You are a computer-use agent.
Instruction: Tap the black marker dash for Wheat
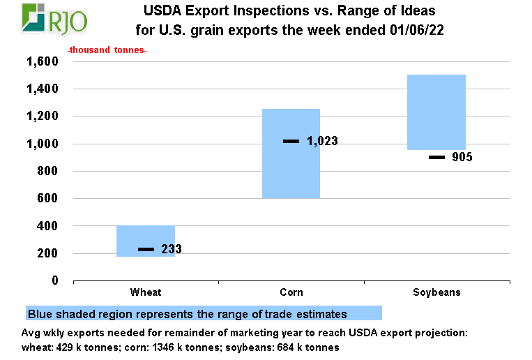click(146, 249)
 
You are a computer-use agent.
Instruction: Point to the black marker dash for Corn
click(291, 142)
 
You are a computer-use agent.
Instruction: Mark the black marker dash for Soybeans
click(436, 157)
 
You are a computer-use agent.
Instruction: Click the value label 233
click(172, 249)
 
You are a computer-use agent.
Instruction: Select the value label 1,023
click(322, 142)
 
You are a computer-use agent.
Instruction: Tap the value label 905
click(461, 157)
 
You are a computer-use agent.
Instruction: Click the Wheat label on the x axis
click(146, 292)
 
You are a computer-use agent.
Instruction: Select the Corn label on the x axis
click(291, 292)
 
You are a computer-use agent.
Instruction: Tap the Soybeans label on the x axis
click(436, 292)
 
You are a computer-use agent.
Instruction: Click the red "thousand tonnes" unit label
click(107, 51)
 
